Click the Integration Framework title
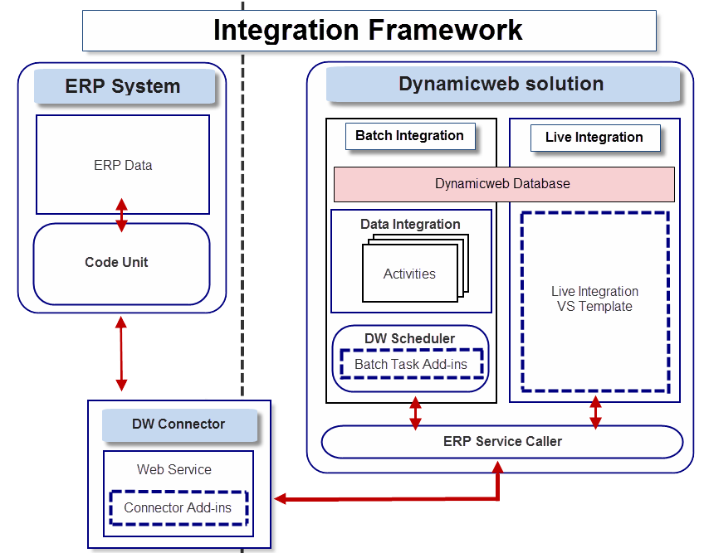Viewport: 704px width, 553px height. tap(368, 30)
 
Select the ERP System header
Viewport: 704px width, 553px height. tap(123, 86)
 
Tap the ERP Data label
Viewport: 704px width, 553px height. tap(123, 165)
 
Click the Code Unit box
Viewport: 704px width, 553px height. tap(116, 263)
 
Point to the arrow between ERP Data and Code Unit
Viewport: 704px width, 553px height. tap(122, 215)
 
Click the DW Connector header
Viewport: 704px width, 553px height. tap(178, 424)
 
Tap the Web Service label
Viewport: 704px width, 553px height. tap(174, 469)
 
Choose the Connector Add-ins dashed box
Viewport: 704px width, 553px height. tap(178, 507)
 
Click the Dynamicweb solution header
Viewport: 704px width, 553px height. tap(501, 84)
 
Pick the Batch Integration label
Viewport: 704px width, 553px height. tap(409, 136)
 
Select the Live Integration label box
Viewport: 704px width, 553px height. tap(594, 138)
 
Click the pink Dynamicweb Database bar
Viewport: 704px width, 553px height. tap(503, 183)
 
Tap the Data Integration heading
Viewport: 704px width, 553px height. tap(410, 224)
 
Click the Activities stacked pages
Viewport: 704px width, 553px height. tap(410, 273)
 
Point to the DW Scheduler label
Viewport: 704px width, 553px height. tap(410, 338)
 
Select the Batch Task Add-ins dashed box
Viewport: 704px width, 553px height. tap(410, 364)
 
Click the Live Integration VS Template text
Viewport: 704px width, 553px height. tap(594, 299)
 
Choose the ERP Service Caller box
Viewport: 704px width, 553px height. tap(502, 441)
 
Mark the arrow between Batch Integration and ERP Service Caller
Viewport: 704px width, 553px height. tap(415, 414)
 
